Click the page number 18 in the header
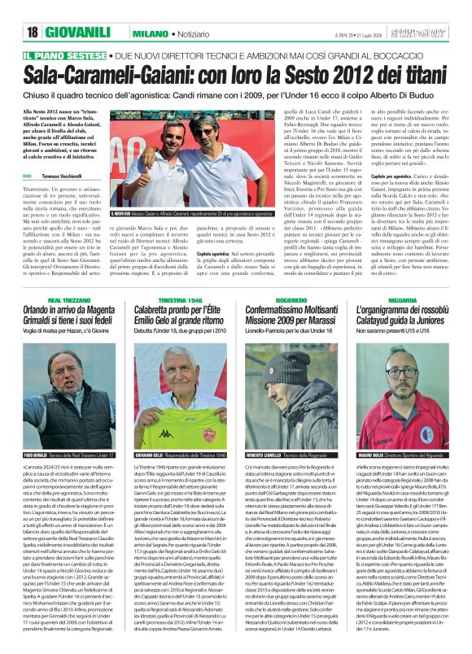[33, 32]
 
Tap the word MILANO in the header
[151, 32]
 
